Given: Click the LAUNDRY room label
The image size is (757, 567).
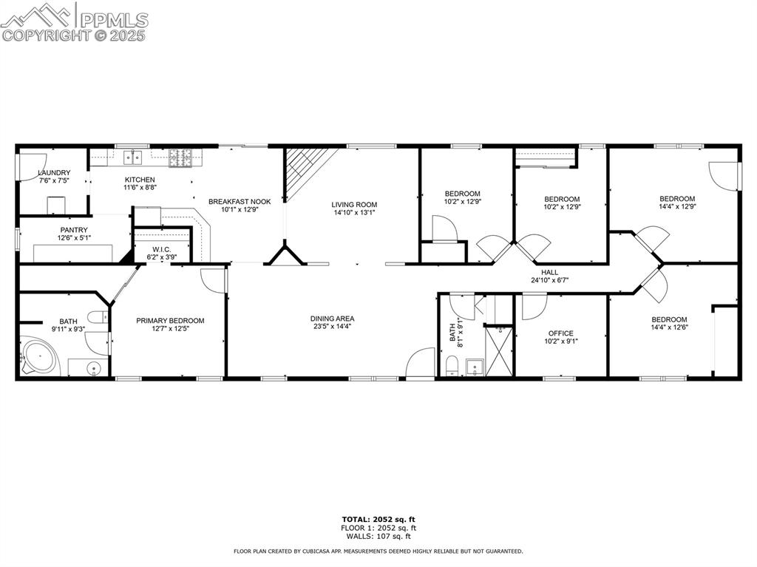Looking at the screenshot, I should [55, 173].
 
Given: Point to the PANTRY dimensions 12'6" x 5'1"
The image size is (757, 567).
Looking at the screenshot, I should [74, 238].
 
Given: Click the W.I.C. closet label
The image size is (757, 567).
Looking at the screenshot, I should [162, 250].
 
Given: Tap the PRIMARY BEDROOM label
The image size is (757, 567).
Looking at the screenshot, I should [170, 321].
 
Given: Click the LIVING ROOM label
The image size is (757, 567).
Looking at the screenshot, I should [354, 205].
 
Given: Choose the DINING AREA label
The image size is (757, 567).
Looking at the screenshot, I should [332, 319].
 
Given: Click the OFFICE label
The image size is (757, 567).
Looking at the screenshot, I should [560, 333].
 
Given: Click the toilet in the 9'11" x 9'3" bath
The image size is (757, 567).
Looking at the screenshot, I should [96, 318].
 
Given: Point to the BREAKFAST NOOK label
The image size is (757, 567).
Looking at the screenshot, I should [239, 202].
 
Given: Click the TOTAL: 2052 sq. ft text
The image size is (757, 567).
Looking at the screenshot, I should [378, 519].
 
